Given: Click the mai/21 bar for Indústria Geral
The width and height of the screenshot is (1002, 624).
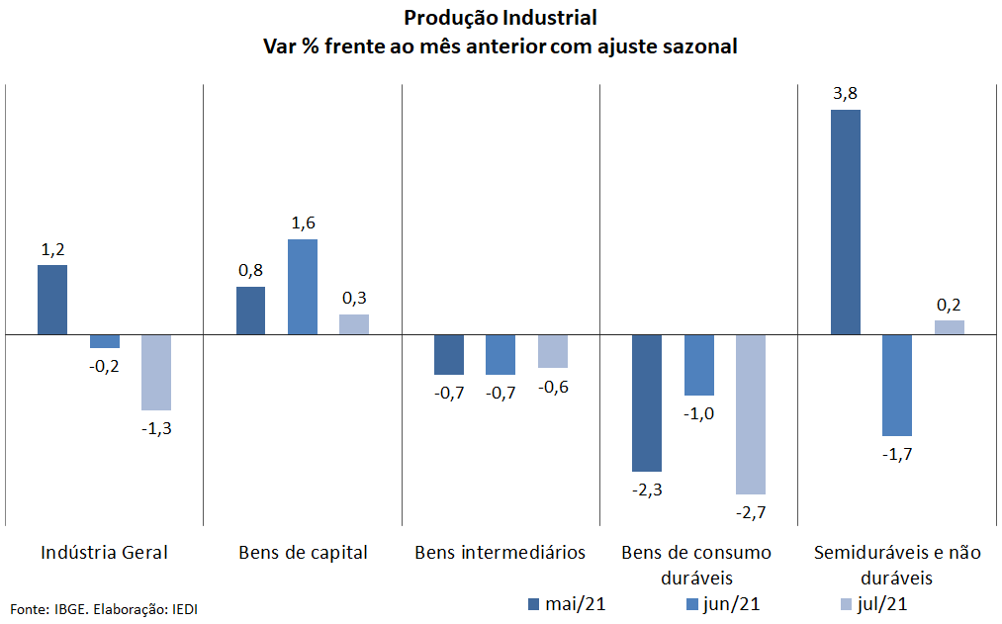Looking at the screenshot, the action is pyautogui.click(x=52, y=300).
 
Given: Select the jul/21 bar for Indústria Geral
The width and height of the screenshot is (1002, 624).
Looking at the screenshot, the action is pyautogui.click(x=156, y=373).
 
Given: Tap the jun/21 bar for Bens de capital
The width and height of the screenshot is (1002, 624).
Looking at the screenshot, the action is pyautogui.click(x=303, y=287).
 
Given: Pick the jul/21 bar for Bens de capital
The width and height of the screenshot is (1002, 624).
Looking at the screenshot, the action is pyautogui.click(x=354, y=324).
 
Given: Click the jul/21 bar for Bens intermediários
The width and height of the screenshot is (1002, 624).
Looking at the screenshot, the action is pyautogui.click(x=553, y=351).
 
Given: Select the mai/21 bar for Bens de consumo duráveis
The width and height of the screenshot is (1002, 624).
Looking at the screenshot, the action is pyautogui.click(x=647, y=403).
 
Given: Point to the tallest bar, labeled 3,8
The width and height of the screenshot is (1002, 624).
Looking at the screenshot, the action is pyautogui.click(x=846, y=223).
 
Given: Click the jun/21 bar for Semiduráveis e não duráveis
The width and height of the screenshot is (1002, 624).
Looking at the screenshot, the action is pyautogui.click(x=897, y=385).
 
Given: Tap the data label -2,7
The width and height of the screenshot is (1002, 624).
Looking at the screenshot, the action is pyautogui.click(x=751, y=512).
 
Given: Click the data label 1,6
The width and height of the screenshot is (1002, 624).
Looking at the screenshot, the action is pyautogui.click(x=303, y=223).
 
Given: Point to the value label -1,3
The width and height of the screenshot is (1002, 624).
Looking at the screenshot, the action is pyautogui.click(x=156, y=428).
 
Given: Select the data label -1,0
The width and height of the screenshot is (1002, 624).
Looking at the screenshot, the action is pyautogui.click(x=698, y=414).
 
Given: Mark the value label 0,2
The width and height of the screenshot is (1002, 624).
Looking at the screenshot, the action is pyautogui.click(x=949, y=306).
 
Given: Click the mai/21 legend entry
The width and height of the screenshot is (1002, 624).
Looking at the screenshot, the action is pyautogui.click(x=567, y=604).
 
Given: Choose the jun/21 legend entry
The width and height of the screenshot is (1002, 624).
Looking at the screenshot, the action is pyautogui.click(x=723, y=604).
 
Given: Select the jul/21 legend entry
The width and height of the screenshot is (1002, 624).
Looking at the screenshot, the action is pyautogui.click(x=873, y=604).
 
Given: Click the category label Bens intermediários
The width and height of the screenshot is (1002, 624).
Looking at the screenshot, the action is pyautogui.click(x=501, y=553).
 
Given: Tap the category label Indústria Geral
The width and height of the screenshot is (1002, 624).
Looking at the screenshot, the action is pyautogui.click(x=104, y=553).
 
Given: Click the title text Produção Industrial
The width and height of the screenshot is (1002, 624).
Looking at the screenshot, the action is pyautogui.click(x=501, y=18).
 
